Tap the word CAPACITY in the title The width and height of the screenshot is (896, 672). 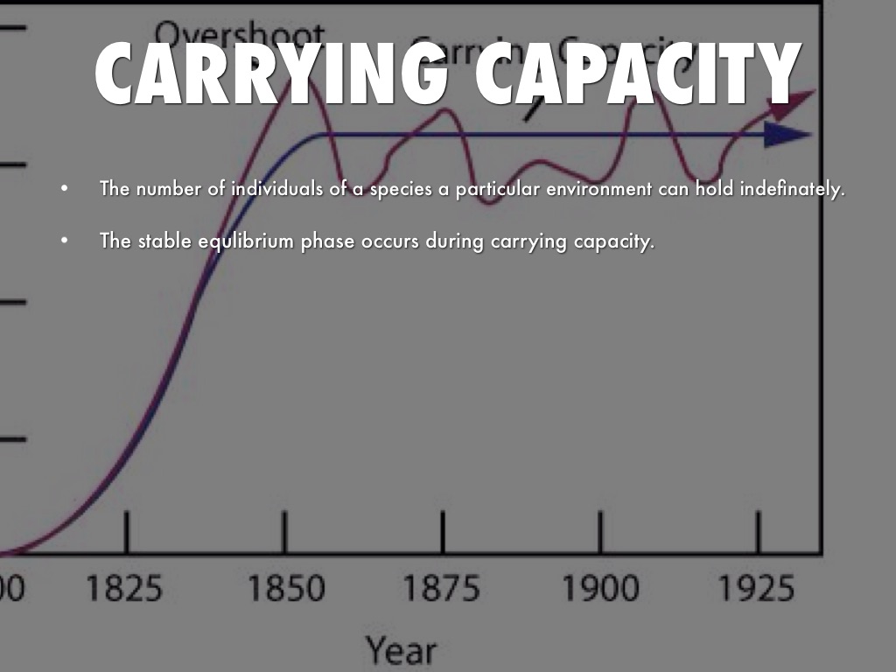tap(639, 72)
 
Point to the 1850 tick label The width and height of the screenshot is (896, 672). tap(285, 588)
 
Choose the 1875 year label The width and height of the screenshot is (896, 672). tap(442, 588)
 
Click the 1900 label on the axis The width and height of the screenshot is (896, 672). tap(600, 588)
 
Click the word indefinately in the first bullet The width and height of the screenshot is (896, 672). tap(793, 189)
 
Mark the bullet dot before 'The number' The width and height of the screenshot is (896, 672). tap(63, 189)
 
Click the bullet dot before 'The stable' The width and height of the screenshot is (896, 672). tap(63, 241)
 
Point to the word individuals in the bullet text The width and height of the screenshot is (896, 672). tap(276, 189)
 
